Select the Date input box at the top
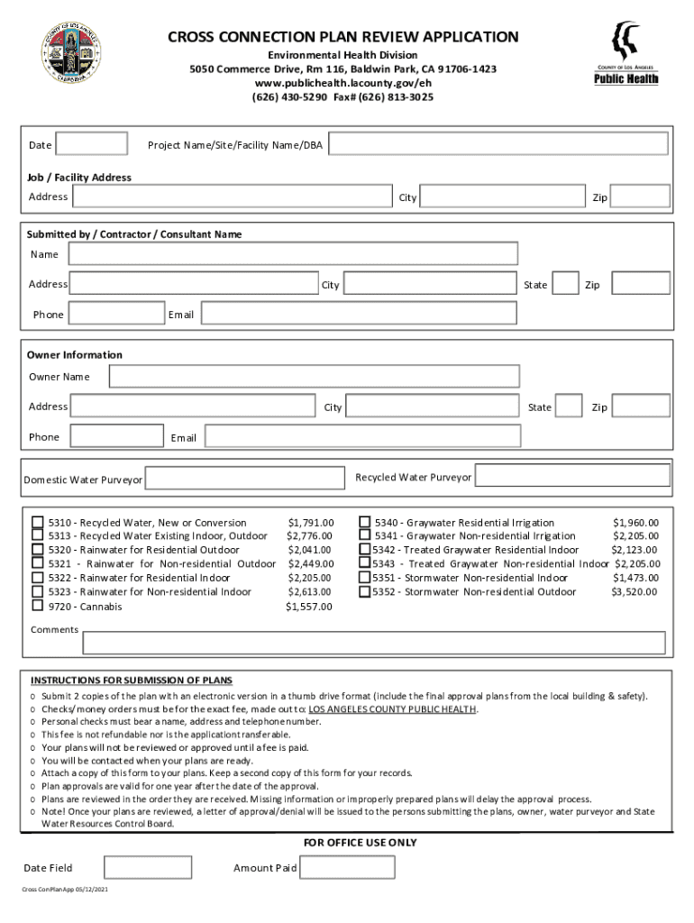pos(91,144)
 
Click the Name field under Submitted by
pos(293,254)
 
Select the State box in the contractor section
pos(565,284)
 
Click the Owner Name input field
pos(314,376)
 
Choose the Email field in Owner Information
pos(362,436)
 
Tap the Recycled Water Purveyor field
pos(572,476)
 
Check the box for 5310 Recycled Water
pos(38,522)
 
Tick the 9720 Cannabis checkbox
pos(38,606)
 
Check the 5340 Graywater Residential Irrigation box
pos(365,522)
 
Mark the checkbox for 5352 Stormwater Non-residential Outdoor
pos(365,592)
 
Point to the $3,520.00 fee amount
pos(635,592)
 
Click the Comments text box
pos(374,643)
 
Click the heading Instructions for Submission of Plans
pos(132,680)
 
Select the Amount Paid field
pos(347,867)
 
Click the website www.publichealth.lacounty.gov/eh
pos(342,83)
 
